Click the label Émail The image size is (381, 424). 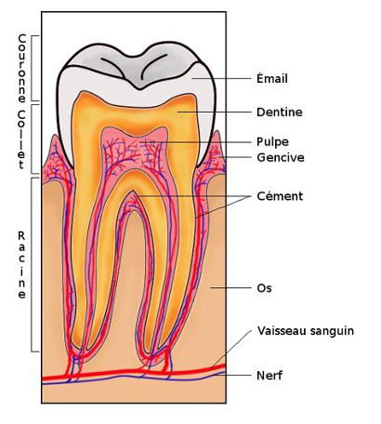pos(272,78)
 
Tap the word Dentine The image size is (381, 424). pos(280,112)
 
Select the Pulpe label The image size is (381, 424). pos(272,142)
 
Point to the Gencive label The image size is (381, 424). pos(281,157)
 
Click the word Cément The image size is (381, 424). pos(280,196)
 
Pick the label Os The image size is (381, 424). pos(264,288)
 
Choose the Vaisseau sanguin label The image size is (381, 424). pos(306,331)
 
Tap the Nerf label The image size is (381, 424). pos(269,376)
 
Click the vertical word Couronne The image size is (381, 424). pos(21,68)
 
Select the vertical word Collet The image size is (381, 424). pos(21,139)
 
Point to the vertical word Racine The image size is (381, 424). pos(21,265)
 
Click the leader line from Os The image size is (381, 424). pos(230,288)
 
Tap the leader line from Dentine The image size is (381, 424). pos(215,112)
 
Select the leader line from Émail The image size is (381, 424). pos(222,78)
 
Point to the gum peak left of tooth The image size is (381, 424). pos(56,137)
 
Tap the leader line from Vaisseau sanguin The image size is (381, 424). pos(232,349)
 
